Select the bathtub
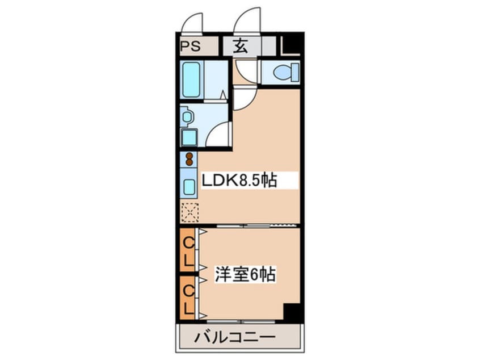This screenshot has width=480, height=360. [192, 79]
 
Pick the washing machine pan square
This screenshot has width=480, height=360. [189, 137]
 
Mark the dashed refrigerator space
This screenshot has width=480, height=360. [189, 212]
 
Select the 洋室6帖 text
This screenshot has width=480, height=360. [245, 275]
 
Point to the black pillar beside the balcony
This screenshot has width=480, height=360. [292, 313]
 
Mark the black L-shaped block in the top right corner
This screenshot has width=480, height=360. [292, 45]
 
